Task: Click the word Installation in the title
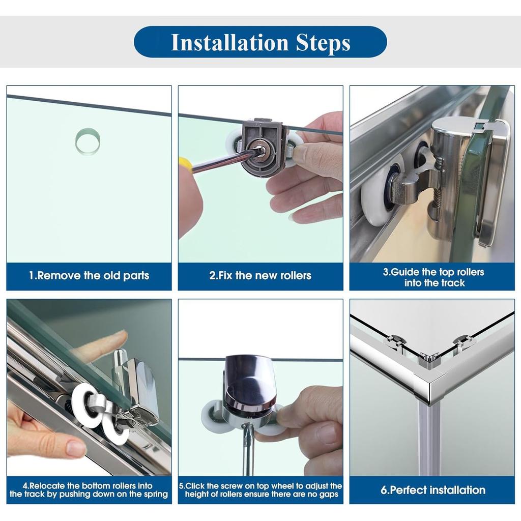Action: pos(229,42)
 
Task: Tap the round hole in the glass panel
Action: pos(88,141)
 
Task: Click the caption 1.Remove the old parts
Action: pos(89,275)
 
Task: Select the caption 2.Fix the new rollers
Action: pos(260,275)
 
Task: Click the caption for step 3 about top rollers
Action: pos(433,277)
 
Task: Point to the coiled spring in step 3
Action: pos(438,182)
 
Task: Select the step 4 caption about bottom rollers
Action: pos(89,490)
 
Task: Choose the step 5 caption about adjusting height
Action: pos(260,490)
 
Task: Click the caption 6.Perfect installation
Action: pos(433,490)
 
